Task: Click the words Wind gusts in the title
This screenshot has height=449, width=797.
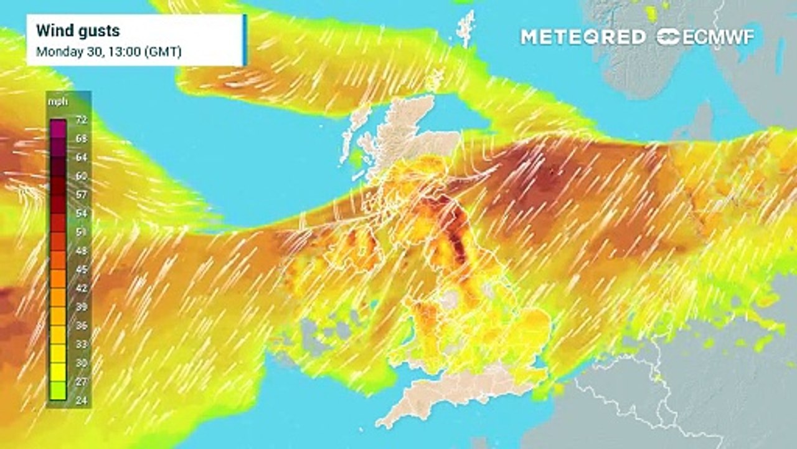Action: (x=78, y=30)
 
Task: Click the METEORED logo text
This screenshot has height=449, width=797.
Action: (x=583, y=37)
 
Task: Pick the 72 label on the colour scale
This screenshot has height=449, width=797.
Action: (x=82, y=119)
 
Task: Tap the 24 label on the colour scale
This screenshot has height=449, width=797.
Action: (x=82, y=400)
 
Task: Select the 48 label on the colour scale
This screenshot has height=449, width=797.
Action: (x=82, y=250)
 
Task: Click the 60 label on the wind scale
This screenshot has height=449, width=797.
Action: (x=82, y=175)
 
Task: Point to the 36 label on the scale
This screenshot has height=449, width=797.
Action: (x=82, y=325)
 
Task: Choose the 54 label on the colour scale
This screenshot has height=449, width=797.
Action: (x=82, y=213)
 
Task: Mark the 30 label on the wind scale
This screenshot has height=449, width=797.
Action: (x=82, y=362)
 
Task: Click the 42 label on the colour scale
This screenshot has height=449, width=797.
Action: (x=82, y=287)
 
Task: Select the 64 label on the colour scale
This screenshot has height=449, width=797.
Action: (x=82, y=157)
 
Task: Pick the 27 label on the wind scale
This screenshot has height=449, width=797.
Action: (x=82, y=381)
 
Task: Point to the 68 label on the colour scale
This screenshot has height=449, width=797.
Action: (x=82, y=138)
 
